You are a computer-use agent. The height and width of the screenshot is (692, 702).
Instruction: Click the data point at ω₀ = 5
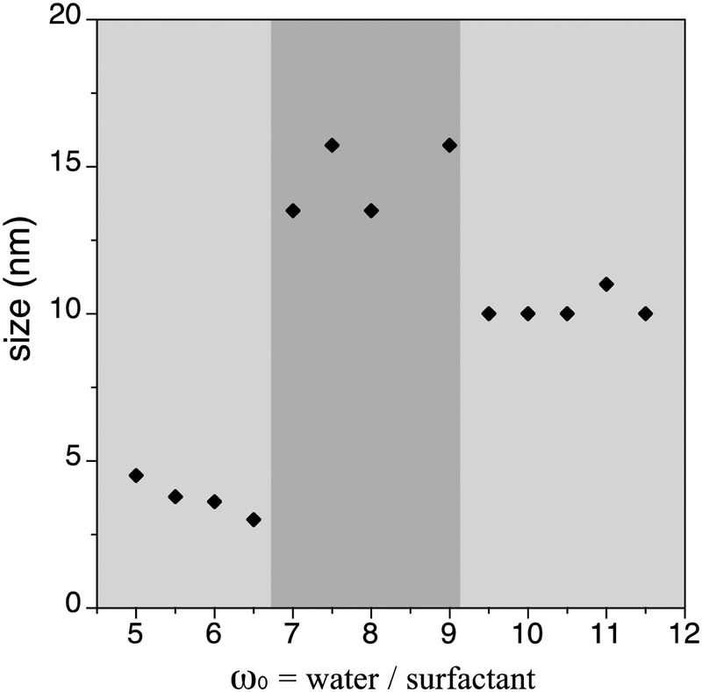(x=136, y=475)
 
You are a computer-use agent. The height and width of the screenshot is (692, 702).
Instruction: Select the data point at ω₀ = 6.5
(x=254, y=519)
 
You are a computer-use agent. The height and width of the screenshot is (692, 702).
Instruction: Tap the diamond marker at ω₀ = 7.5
(x=332, y=145)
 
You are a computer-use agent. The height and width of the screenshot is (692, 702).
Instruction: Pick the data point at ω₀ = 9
(x=449, y=145)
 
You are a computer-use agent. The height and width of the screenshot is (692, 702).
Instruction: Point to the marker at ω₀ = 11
(x=605, y=284)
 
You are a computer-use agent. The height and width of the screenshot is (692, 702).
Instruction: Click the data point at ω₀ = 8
(x=371, y=210)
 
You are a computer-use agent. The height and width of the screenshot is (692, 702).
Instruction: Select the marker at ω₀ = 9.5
(x=489, y=314)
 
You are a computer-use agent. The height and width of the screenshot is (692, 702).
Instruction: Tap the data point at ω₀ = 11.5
(x=645, y=314)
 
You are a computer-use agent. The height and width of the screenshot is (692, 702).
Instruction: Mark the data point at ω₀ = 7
(x=293, y=210)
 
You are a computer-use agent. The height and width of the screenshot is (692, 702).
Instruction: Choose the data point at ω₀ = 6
(x=214, y=501)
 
